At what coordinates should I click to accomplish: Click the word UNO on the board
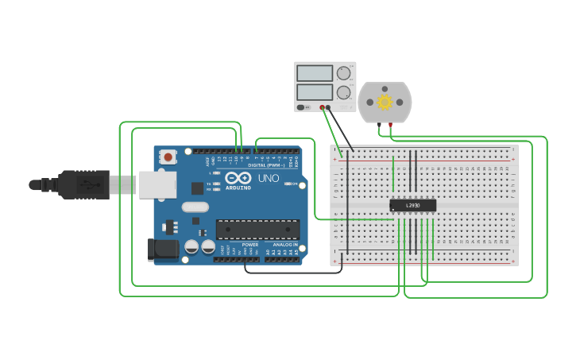pos(269,179)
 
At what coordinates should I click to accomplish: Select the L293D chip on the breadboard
pos(412,205)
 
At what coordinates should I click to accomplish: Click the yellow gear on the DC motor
pos(385,102)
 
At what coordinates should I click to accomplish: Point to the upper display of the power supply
pos(315,73)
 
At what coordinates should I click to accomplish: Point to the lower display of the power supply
pos(315,92)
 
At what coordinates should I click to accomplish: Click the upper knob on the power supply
pos(343,73)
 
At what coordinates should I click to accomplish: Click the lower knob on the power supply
pos(343,92)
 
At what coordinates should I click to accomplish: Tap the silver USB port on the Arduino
pos(157,184)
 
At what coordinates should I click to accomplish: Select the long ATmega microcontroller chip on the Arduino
pos(257,229)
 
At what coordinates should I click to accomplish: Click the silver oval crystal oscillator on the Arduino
pos(195,207)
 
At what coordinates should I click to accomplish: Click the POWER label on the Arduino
pos(249,244)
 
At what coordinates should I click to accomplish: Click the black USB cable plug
pos(83,184)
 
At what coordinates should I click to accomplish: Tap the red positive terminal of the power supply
pos(323,107)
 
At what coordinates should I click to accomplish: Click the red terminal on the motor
pos(390,125)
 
